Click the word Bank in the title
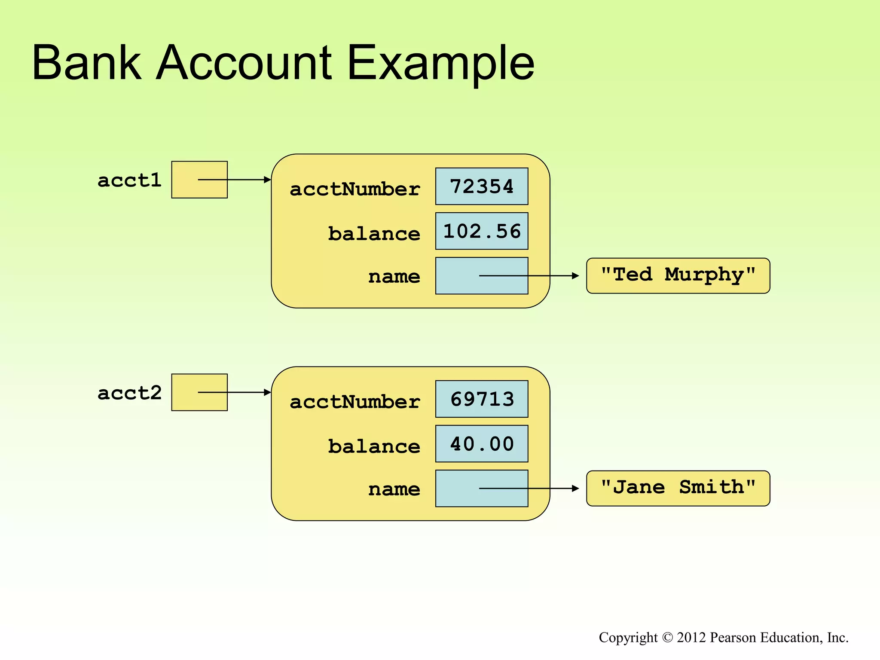coord(86,63)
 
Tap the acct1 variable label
coord(129,180)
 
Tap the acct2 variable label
coord(129,393)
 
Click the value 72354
coord(481,186)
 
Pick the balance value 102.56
coord(481,231)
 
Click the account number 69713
coord(481,399)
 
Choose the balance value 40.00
coord(481,444)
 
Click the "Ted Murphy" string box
coord(678,275)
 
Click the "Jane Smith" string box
coord(678,488)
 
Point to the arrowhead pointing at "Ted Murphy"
coord(576,276)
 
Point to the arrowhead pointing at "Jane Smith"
coord(576,489)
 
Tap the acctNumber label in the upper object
coord(354,189)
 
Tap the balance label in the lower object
coord(374,446)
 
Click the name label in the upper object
coord(394,276)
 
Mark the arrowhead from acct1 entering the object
coord(267,180)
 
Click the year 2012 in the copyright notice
coord(691,637)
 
